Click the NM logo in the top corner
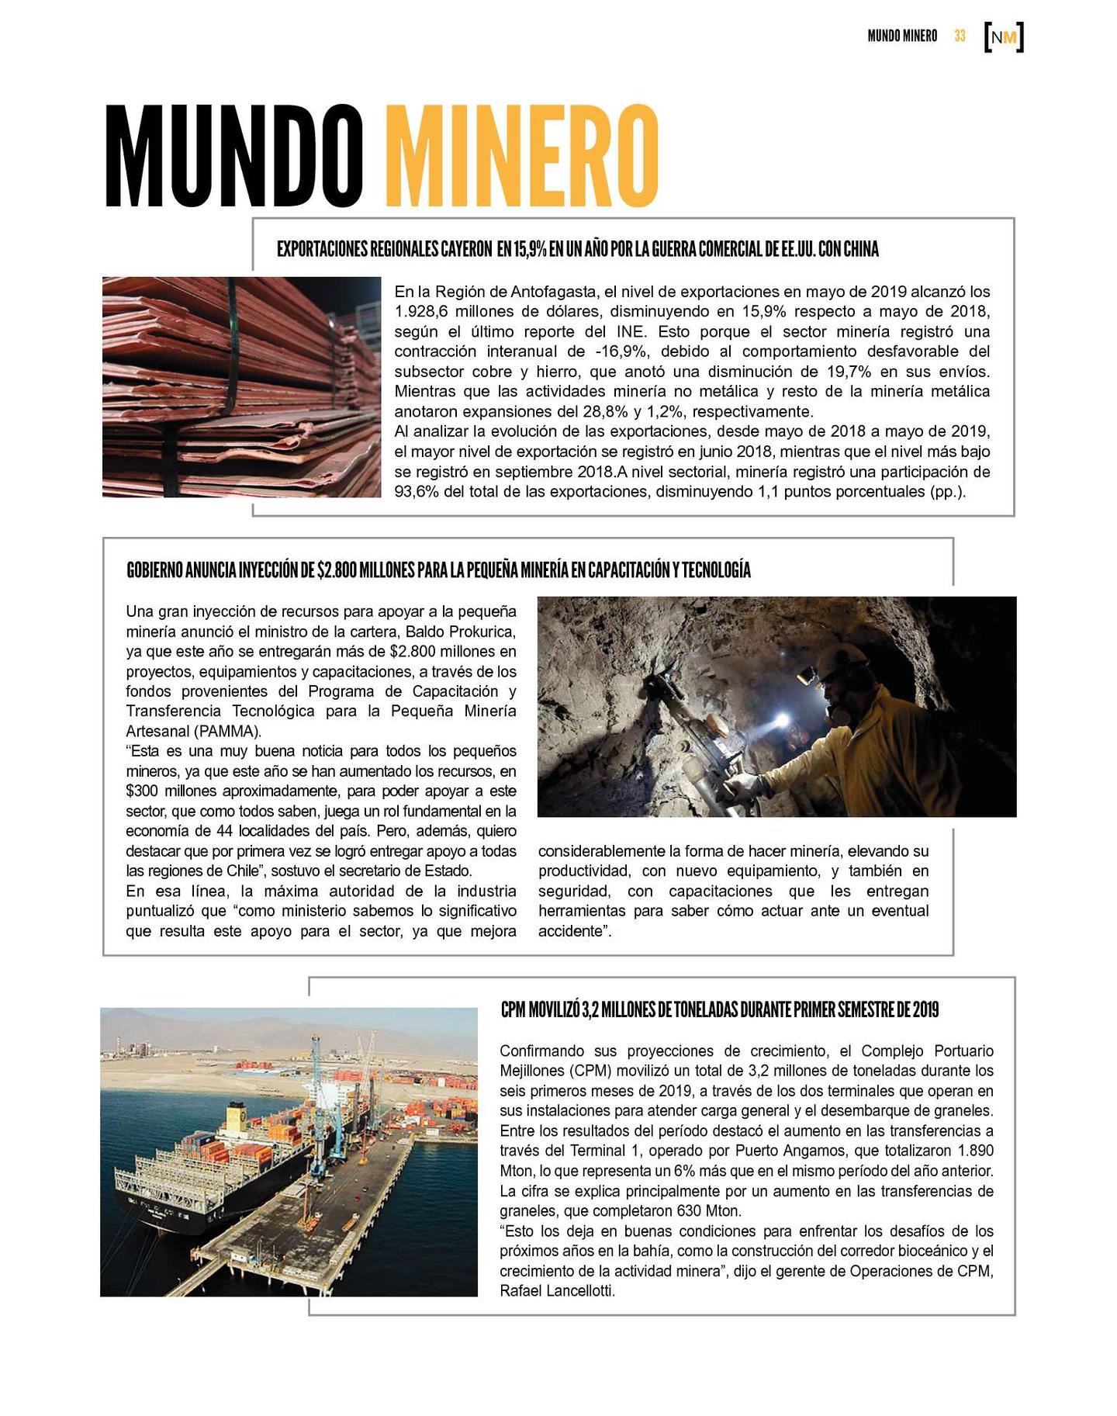point(1004,37)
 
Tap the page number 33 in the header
point(960,36)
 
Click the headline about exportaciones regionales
point(577,250)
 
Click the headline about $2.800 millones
point(438,570)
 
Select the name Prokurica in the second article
point(482,631)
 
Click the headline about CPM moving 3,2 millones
point(719,1009)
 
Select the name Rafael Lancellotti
point(557,1292)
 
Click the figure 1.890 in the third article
point(976,1151)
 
